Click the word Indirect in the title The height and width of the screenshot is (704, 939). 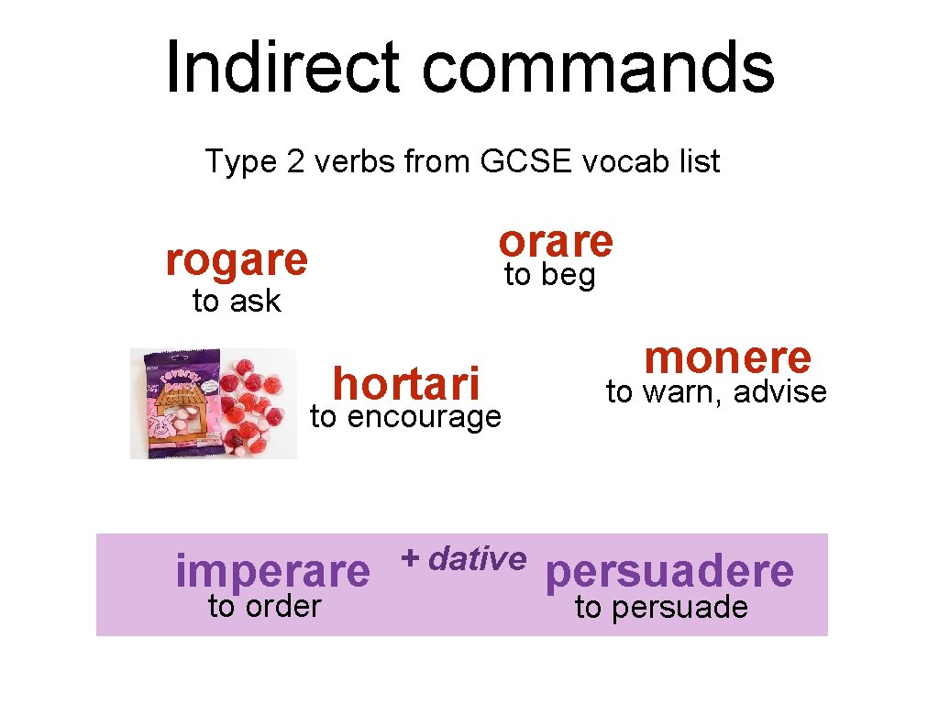[282, 67]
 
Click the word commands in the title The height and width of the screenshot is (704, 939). [598, 67]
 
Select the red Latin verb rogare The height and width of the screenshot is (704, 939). [237, 260]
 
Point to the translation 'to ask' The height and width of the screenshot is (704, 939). [237, 301]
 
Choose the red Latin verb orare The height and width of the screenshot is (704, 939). [556, 241]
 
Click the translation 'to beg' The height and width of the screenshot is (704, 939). [550, 274]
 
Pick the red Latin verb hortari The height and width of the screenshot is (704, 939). [406, 382]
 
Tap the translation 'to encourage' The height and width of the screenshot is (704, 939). [406, 417]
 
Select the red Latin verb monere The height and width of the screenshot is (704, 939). [728, 357]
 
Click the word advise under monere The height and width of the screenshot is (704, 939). [780, 392]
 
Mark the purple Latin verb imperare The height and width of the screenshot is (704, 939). [272, 571]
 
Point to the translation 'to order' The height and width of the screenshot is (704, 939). [264, 606]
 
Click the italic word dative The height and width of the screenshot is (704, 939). [477, 557]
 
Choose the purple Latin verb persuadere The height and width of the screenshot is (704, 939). [669, 571]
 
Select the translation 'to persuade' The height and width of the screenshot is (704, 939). [661, 607]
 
